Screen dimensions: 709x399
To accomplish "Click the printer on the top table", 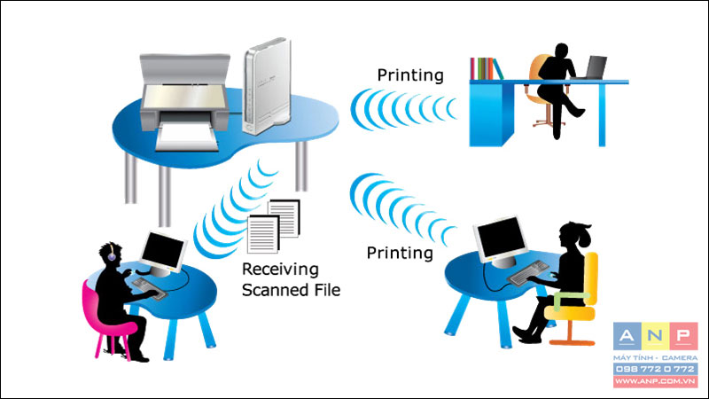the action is tap(184, 102).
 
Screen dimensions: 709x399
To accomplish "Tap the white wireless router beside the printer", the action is tap(267, 86).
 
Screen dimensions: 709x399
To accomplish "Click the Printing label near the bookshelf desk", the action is tap(410, 75).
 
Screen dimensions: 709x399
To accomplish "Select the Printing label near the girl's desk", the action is tap(400, 253).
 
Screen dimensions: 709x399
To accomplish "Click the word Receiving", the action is tap(280, 270).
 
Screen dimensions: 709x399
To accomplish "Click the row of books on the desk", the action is tap(486, 69).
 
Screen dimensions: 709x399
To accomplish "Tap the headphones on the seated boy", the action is tap(112, 253).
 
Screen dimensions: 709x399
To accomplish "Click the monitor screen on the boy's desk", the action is tap(162, 250).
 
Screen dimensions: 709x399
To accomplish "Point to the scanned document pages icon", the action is tap(274, 226).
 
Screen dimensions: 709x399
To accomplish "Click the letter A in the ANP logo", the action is tap(627, 336).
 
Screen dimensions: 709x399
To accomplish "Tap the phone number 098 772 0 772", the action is tap(655, 369).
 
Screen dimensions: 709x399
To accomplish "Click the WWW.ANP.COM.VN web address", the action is tap(655, 381).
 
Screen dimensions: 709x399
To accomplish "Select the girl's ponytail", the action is tap(582, 234).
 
